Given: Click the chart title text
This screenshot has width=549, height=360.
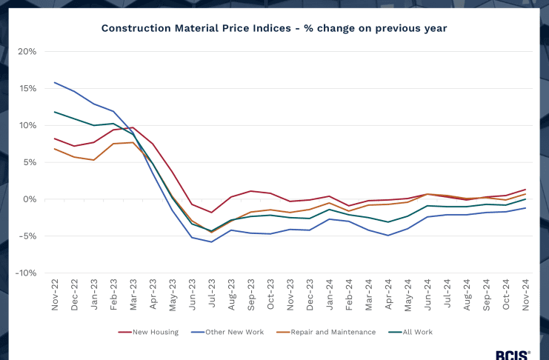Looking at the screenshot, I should (274, 28).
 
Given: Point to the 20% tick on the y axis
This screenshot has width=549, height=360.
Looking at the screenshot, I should (27, 52).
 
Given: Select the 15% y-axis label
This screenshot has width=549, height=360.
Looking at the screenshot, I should (27, 89).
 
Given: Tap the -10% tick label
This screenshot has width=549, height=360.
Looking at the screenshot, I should (25, 273).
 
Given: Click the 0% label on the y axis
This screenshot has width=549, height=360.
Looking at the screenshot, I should (30, 199).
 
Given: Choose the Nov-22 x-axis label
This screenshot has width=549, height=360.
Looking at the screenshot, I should (55, 295).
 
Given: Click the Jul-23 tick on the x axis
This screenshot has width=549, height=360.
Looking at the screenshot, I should (211, 295).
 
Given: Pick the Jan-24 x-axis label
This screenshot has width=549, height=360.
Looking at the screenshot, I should (329, 295).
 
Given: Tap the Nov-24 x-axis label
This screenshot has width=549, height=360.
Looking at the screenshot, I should (525, 295).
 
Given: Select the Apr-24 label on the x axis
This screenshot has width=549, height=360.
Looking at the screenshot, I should (387, 295).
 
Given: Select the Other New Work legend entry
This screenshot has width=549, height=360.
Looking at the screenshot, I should (229, 332).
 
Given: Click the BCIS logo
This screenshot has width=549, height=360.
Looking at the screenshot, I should (513, 355).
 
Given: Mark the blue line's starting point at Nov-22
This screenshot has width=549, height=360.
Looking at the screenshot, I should (55, 82).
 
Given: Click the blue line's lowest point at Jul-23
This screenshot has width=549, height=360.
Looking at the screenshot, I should (211, 241).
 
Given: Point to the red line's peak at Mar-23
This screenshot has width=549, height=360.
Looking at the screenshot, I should (133, 127).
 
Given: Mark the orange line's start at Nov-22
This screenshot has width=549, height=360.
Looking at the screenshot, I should (55, 149).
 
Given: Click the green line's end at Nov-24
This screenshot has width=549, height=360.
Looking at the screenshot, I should (525, 199).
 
